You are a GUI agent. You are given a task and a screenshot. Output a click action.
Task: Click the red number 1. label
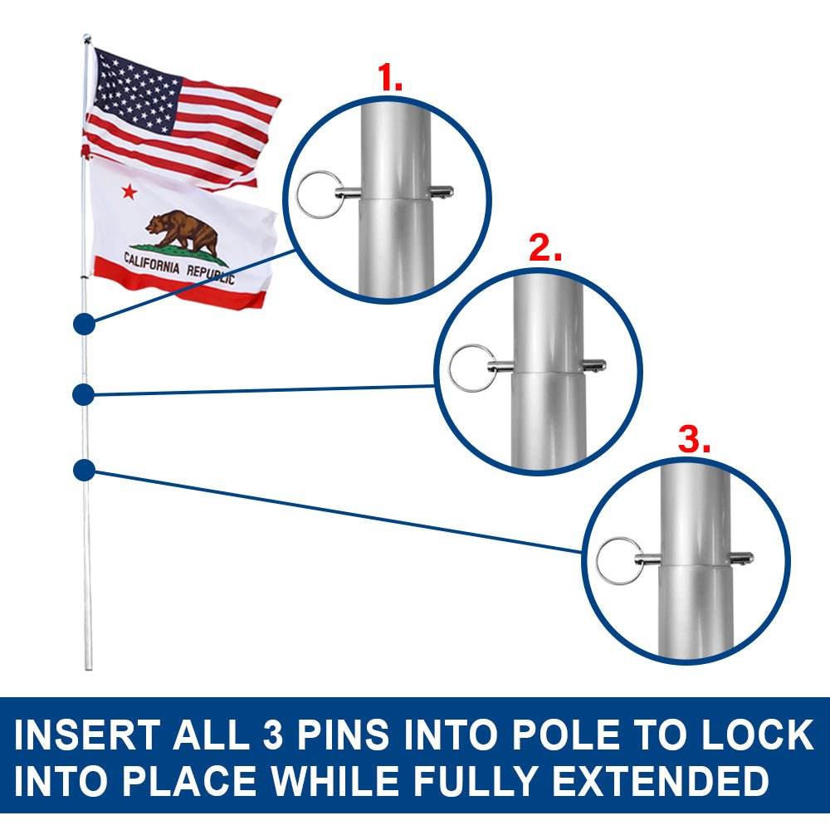pos(390,78)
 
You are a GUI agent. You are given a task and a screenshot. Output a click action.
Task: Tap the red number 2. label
pos(545,248)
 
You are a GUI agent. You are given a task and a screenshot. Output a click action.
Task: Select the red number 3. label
pos(694,440)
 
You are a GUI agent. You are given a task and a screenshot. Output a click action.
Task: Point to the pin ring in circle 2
pos(471,367)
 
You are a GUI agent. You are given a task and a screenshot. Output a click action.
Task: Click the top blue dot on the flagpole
pos(84,325)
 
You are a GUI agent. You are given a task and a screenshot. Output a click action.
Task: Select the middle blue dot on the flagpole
pos(83,395)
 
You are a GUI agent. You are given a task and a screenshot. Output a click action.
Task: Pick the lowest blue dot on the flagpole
pos(83,471)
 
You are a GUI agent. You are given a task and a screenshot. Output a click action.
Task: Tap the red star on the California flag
pos(129,192)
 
